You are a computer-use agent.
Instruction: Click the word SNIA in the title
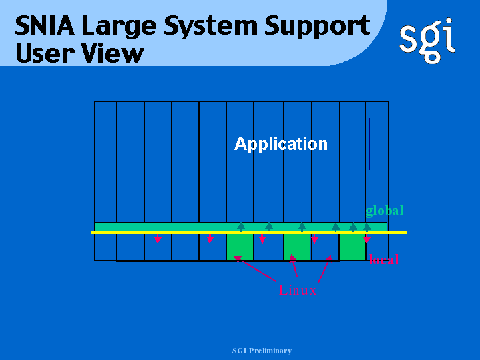[x=45, y=26]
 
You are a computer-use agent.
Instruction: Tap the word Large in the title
[x=119, y=27]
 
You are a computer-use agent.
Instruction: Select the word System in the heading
[x=210, y=27]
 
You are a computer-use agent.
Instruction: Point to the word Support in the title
[x=317, y=27]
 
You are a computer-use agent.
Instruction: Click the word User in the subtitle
[x=44, y=53]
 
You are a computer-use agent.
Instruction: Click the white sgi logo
[x=427, y=41]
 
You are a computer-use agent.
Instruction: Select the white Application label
[x=280, y=144]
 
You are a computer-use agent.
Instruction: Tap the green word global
[x=384, y=212]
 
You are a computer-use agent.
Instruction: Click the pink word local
[x=384, y=260]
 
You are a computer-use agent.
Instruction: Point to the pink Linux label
[x=297, y=290]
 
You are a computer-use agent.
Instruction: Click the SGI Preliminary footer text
[x=262, y=351]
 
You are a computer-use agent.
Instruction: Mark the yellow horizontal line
[x=248, y=233]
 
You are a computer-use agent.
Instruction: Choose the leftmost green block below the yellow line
[x=240, y=247]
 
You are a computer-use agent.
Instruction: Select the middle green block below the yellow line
[x=298, y=247]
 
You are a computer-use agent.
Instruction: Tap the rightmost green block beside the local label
[x=352, y=247]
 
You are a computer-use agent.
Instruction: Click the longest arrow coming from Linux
[x=255, y=268]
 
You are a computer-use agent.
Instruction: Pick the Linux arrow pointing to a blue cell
[x=325, y=268]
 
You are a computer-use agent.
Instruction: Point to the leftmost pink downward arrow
[x=158, y=238]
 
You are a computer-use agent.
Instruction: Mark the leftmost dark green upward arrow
[x=241, y=226]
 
